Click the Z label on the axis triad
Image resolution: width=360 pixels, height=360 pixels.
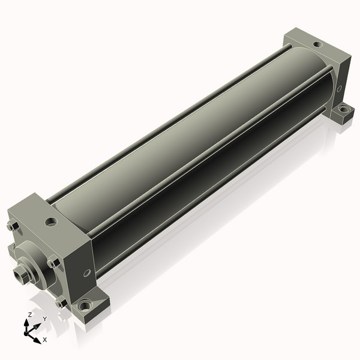click(29, 315)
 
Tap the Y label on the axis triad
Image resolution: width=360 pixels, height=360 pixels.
click(45, 319)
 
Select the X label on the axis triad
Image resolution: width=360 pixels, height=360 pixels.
click(45, 340)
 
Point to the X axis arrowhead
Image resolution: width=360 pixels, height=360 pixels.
click(37, 340)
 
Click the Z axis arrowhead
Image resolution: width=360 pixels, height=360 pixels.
click(26, 323)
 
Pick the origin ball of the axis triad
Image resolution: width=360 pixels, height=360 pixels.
click(26, 333)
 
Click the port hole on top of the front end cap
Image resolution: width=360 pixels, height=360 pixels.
click(51, 222)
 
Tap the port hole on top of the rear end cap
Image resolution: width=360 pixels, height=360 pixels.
click(318, 44)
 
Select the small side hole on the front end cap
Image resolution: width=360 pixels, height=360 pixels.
click(87, 273)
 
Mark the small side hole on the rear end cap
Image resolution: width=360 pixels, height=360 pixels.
click(339, 88)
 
